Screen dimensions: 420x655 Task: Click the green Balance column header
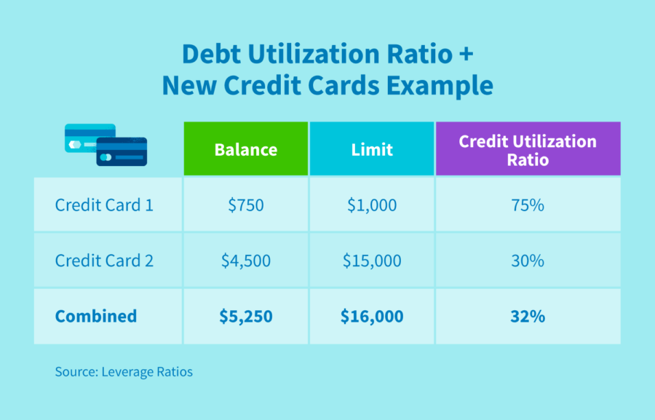pyautogui.click(x=245, y=149)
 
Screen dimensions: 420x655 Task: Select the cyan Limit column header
pyautogui.click(x=371, y=149)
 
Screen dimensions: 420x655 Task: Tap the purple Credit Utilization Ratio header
pyautogui.click(x=528, y=149)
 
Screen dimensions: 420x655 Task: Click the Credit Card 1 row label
pyautogui.click(x=104, y=205)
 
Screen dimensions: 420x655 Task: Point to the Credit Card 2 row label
pyautogui.click(x=104, y=260)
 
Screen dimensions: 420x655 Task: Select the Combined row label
pyautogui.click(x=95, y=316)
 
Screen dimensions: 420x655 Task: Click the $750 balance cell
pyautogui.click(x=245, y=205)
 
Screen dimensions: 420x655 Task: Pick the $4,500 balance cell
pyautogui.click(x=245, y=260)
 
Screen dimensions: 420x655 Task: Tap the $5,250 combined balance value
pyautogui.click(x=245, y=316)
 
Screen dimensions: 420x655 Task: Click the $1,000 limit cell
pyautogui.click(x=371, y=205)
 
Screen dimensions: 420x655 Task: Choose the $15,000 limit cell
pyautogui.click(x=371, y=260)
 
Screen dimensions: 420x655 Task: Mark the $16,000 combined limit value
pyautogui.click(x=371, y=316)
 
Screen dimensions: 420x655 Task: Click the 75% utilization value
pyautogui.click(x=528, y=205)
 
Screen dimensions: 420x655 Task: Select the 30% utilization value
pyautogui.click(x=528, y=260)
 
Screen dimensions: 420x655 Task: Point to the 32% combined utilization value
pyautogui.click(x=528, y=316)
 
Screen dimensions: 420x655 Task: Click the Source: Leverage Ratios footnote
pyautogui.click(x=124, y=372)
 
